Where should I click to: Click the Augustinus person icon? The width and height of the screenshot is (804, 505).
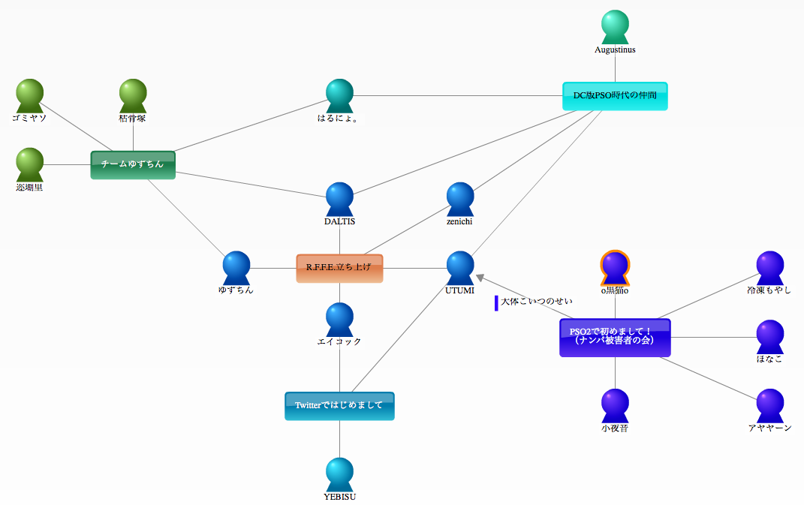[x=615, y=27]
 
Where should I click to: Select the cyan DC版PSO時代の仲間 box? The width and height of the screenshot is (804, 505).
[x=615, y=96]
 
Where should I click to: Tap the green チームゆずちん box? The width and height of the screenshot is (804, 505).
[x=133, y=164]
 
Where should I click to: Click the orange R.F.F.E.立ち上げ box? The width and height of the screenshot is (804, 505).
[x=339, y=268]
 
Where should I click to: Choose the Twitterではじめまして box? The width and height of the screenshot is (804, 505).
[x=339, y=406]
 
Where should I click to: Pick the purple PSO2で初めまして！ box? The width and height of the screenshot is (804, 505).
[x=615, y=337]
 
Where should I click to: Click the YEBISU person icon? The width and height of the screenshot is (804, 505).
[x=339, y=474]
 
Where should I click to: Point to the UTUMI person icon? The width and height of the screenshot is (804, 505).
[x=460, y=268]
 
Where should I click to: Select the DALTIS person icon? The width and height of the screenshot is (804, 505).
[x=339, y=199]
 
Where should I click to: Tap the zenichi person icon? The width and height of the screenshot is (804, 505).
[x=460, y=199]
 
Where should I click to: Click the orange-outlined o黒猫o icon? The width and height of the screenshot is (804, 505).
[x=615, y=268]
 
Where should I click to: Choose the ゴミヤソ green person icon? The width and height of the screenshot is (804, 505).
[x=30, y=96]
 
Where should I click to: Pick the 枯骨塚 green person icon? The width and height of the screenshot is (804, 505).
[x=133, y=96]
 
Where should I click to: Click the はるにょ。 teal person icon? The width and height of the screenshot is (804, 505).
[x=339, y=96]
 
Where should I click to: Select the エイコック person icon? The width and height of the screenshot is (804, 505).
[x=339, y=320]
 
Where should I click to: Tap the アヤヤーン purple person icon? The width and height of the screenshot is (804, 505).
[x=770, y=406]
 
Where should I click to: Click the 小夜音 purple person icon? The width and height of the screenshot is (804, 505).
[x=615, y=406]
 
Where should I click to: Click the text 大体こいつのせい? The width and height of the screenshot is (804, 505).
[x=537, y=302]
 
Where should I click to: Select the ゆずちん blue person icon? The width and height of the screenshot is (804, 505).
[x=236, y=268]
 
